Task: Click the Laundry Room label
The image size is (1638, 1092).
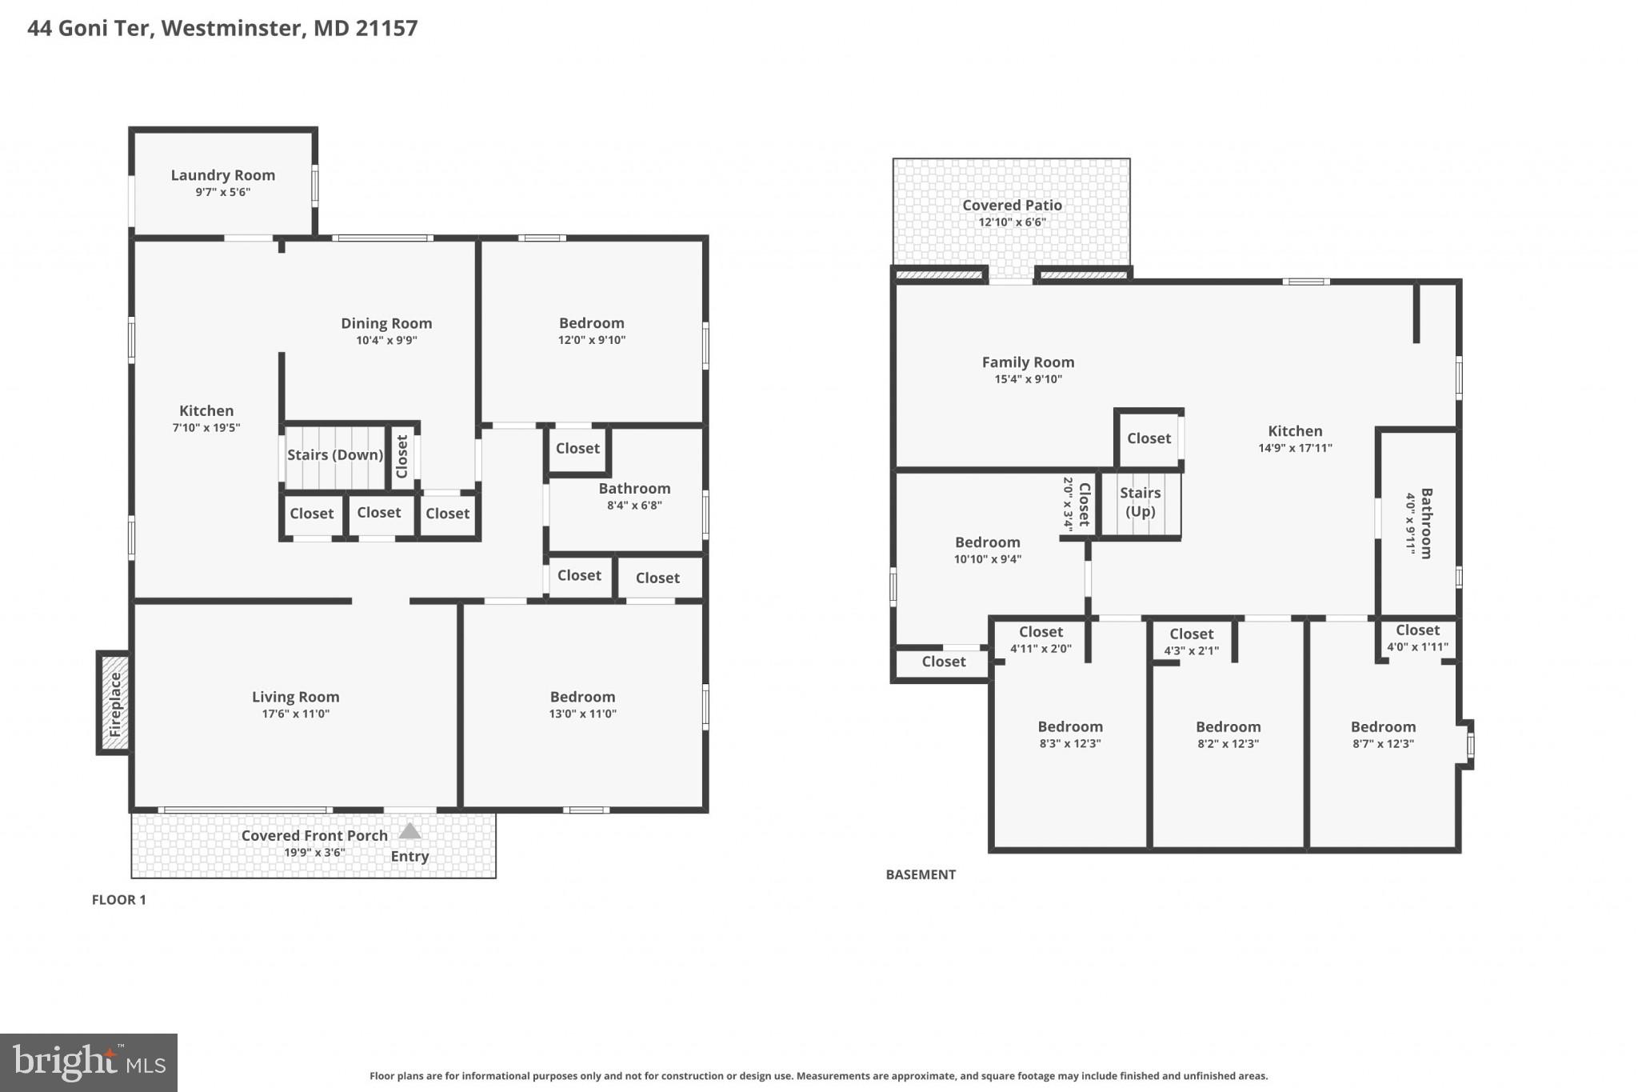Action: point(222,175)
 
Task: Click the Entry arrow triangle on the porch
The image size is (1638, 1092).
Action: point(409,831)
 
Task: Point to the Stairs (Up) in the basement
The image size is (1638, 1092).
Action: point(1140,503)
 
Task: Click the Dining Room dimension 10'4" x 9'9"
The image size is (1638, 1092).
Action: point(386,340)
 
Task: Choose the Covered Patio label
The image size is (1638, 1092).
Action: point(1012,206)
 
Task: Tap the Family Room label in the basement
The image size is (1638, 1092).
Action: point(1028,362)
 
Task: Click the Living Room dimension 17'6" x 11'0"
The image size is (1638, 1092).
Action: point(295,714)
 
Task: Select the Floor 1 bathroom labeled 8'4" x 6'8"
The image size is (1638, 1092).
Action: point(634,496)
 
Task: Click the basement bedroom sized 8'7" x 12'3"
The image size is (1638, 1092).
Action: point(1383,734)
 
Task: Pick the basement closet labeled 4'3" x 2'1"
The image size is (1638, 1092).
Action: point(1191,642)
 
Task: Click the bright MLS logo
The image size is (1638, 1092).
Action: point(89,1063)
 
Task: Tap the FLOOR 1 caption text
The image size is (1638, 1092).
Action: point(118,900)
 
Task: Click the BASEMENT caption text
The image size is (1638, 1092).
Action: point(921,874)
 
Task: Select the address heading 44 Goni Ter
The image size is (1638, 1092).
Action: point(222,28)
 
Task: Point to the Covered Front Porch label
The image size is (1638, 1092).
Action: point(314,836)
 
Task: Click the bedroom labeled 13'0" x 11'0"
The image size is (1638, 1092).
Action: point(582,705)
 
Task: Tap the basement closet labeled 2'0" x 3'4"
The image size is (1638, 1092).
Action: point(1077,504)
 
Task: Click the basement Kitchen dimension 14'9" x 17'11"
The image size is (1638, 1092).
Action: point(1295,448)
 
